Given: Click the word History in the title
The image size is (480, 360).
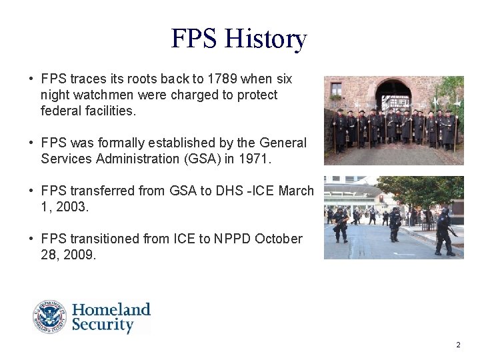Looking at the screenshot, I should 265,39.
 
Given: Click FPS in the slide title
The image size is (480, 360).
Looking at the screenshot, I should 195,39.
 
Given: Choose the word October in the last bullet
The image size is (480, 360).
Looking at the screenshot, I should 279,239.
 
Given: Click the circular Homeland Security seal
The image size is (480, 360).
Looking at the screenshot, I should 50,317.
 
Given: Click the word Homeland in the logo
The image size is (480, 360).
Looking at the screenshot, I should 111,310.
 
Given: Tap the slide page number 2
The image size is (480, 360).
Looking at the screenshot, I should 458,345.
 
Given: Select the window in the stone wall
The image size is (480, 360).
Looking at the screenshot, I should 336,89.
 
